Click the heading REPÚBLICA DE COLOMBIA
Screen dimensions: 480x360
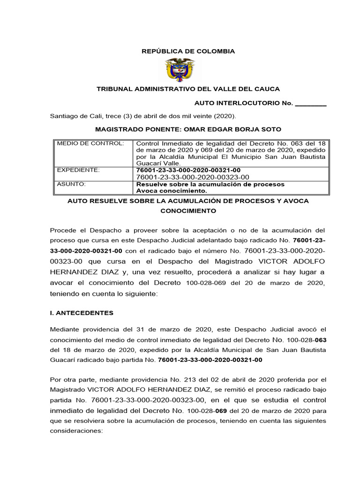[x=188, y=51]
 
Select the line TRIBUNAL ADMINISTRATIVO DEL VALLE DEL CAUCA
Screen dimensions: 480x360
[x=188, y=89]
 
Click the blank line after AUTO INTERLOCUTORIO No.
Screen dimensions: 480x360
[x=310, y=103]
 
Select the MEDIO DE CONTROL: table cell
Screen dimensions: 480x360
[x=90, y=143]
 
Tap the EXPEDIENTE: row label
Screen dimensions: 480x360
[x=78, y=169]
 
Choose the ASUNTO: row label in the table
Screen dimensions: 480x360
[x=71, y=184]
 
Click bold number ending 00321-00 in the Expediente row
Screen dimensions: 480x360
[x=188, y=170]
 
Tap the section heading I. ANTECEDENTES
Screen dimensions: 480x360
[x=82, y=313]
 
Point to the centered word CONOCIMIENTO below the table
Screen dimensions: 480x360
[x=188, y=211]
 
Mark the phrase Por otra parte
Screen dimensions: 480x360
[x=72, y=380]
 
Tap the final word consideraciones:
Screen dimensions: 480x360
[x=76, y=431]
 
